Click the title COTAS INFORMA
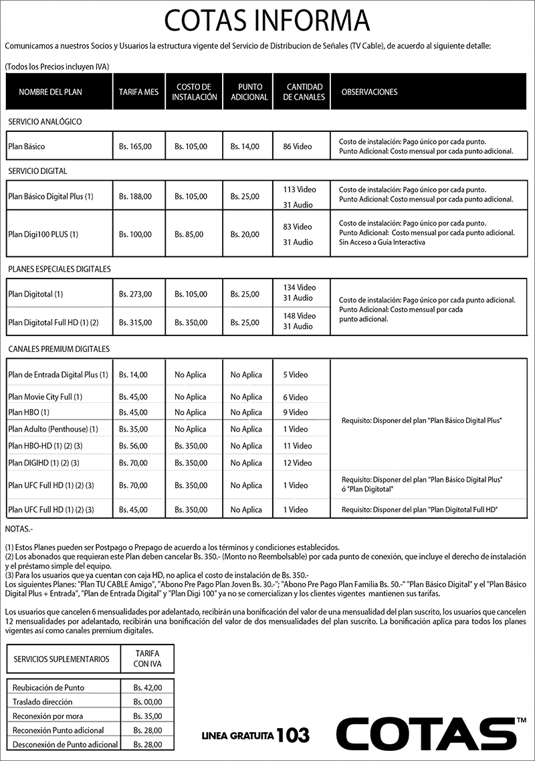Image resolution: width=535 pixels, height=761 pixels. coord(267,21)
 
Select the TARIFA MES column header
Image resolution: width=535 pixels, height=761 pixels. coord(138,92)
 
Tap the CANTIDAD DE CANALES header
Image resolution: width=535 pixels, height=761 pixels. coord(304,92)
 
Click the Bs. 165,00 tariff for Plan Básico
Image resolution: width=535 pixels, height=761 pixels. coord(135,146)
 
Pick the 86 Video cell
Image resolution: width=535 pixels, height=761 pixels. coord(298,146)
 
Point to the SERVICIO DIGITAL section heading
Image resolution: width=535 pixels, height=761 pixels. coord(37,171)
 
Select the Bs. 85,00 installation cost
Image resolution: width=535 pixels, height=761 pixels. coord(191,234)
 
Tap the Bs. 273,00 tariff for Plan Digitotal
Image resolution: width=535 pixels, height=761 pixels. coord(135,294)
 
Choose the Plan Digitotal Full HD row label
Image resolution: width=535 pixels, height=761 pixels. coord(53,323)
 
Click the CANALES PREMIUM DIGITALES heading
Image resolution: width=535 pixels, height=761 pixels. coord(59,349)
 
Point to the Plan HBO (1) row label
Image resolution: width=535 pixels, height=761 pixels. coord(29,412)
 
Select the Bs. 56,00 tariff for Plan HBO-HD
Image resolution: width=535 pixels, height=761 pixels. coord(133,446)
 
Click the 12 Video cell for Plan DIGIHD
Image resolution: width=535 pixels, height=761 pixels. coord(298,462)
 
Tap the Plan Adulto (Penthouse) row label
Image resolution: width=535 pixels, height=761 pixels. coord(53,429)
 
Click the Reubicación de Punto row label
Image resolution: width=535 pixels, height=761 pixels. coord(48,687)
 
